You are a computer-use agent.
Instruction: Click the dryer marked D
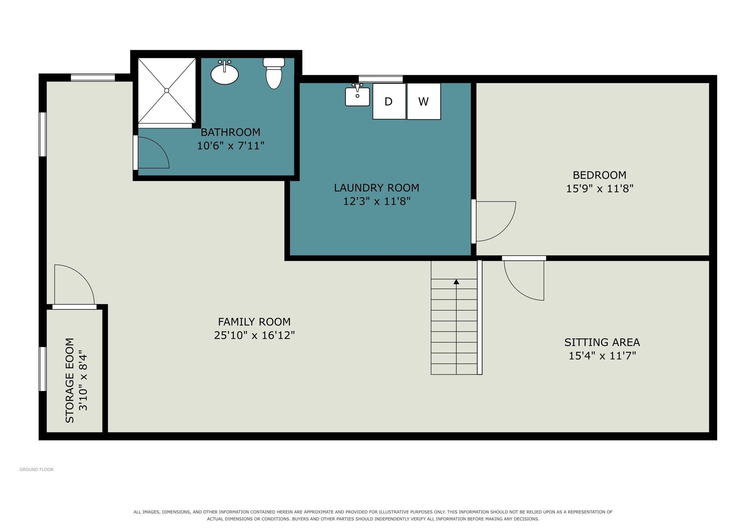point(389,101)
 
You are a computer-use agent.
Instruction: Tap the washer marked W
point(424,101)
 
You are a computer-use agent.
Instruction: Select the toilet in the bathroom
point(274,73)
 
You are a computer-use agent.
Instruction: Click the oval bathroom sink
point(224,73)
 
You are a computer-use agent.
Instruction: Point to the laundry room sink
point(357,95)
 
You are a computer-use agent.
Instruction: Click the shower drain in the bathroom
point(167,90)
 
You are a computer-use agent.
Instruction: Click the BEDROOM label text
point(599,175)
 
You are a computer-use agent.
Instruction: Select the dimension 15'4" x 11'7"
point(602,356)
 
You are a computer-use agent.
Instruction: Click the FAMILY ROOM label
point(254,322)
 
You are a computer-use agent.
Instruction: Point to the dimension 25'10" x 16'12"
point(254,335)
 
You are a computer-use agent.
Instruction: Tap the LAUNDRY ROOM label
point(376,188)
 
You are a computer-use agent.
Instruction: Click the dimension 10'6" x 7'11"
point(231,146)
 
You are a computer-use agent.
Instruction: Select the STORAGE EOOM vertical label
point(70,380)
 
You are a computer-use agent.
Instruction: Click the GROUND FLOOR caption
point(37,469)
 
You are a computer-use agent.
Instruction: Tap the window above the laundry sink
point(381,79)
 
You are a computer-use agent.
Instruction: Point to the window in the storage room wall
point(43,369)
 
